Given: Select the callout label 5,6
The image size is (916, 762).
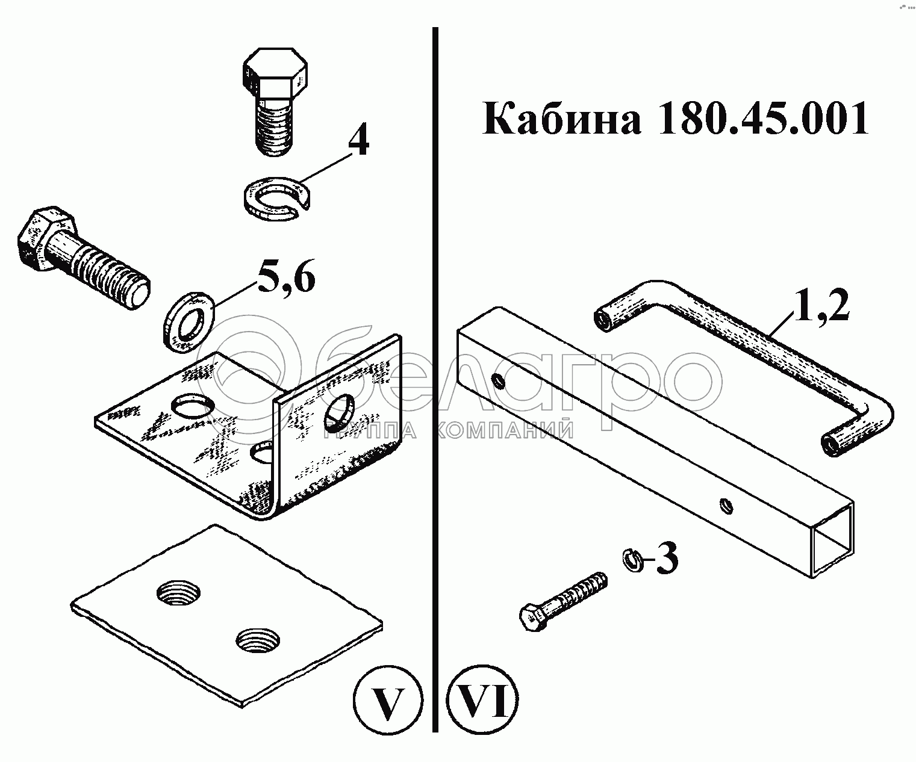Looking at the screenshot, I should click(285, 277).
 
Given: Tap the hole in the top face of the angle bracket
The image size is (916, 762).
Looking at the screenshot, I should click(190, 406).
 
